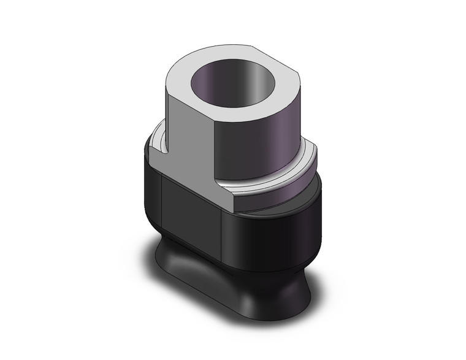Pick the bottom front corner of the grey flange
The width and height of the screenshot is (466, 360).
[235, 209]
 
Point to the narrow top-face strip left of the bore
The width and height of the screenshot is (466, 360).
[181, 77]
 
